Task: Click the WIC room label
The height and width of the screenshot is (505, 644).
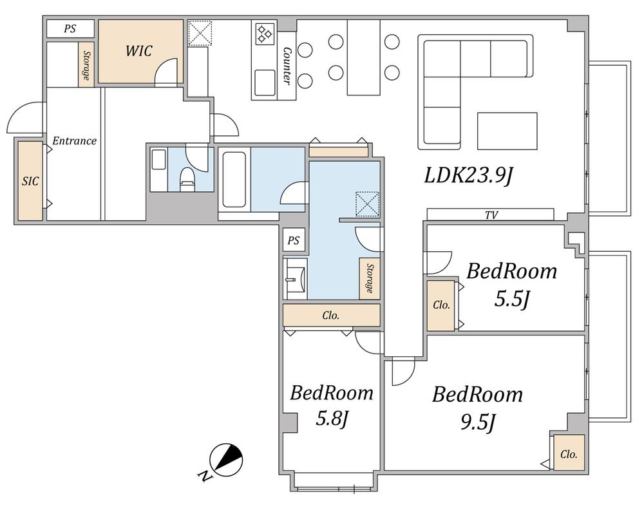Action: coord(139,51)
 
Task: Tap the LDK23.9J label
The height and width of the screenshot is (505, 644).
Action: coord(469,176)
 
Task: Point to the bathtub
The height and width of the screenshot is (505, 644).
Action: coord(234,179)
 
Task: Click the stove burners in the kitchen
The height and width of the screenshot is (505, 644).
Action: coord(265,34)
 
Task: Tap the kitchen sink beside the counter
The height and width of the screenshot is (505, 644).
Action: coord(265,82)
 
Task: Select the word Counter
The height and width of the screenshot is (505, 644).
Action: coord(287,66)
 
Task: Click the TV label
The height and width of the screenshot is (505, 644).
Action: coord(491,215)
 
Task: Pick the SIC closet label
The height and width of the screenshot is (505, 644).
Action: coord(30,181)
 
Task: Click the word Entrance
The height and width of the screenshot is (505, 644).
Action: coord(74,141)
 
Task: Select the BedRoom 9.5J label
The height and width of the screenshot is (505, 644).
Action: coord(477,408)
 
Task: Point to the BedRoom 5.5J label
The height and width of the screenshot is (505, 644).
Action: coord(512,285)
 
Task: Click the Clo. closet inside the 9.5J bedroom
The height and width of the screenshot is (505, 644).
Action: coord(569,452)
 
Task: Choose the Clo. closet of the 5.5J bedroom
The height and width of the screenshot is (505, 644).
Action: coord(441,305)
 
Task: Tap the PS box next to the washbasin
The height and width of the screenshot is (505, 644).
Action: coord(294,240)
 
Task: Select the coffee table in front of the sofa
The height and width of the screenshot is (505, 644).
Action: coord(507,131)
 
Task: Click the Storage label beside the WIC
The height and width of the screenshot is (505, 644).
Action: coord(86,65)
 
